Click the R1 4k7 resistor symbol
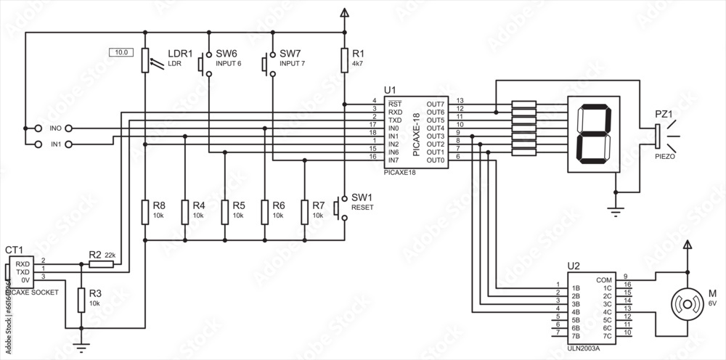[343, 60]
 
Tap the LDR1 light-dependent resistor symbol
[145, 60]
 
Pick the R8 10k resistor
[145, 211]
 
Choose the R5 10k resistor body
[225, 211]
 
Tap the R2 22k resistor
[102, 265]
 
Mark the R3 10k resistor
[81, 298]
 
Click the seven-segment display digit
[593, 134]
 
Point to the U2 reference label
[574, 266]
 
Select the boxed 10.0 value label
[121, 52]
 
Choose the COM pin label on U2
[603, 279]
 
